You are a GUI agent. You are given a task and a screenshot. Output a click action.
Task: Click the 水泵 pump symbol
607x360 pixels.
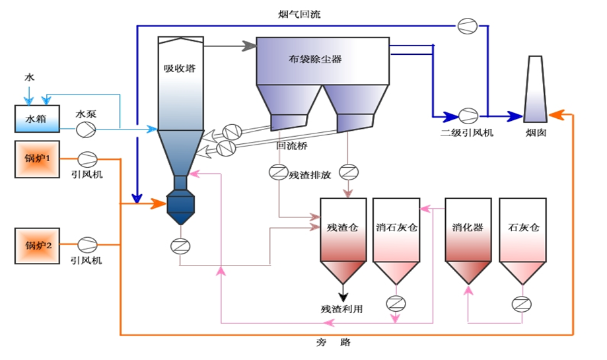[87, 128]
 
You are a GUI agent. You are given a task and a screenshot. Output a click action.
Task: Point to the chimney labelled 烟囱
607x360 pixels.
[536, 89]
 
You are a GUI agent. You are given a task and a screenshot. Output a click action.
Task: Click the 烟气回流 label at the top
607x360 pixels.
[299, 13]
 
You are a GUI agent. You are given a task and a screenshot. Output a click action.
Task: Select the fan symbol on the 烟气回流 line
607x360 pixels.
[467, 26]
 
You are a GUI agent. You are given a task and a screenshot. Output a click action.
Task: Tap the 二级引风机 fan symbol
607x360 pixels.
[468, 116]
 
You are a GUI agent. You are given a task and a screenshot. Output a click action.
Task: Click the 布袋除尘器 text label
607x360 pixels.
[315, 59]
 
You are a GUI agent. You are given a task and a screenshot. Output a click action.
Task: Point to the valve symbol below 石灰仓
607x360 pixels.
[522, 304]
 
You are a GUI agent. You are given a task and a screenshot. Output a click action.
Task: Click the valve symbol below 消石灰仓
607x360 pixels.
[396, 304]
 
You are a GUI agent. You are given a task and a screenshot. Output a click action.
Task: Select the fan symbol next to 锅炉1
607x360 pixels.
[87, 159]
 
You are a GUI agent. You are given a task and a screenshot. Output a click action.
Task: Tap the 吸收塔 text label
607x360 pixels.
[180, 67]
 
